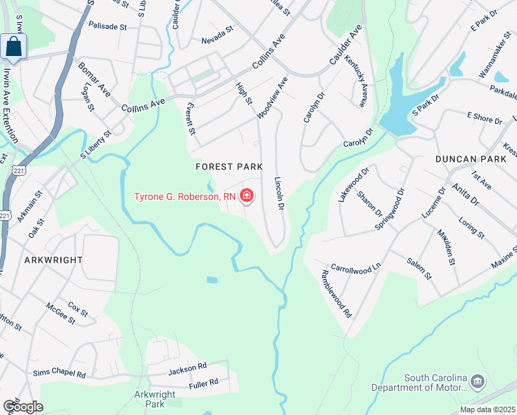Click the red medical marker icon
pyautogui.click(x=246, y=197)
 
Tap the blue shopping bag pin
pyautogui.click(x=13, y=47)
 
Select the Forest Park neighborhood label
pyautogui.click(x=229, y=167)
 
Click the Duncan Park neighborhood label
pyautogui.click(x=467, y=158)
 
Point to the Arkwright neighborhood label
pyautogui.click(x=54, y=260)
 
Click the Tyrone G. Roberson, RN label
pyautogui.click(x=185, y=197)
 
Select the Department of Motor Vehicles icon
pyautogui.click(x=477, y=381)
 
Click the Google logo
pyautogui.click(x=23, y=406)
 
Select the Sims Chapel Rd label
pyautogui.click(x=59, y=374)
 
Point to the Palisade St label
pyautogui.click(x=108, y=26)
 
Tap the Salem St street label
pyautogui.click(x=418, y=266)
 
